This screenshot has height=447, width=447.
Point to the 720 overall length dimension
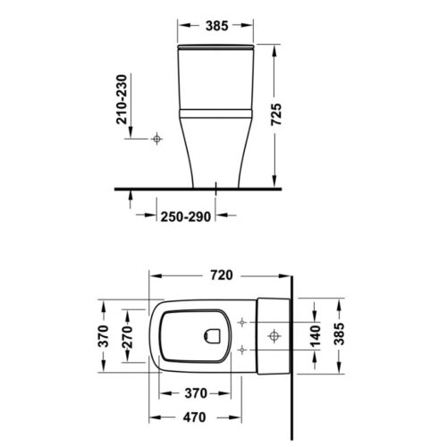pyautogui.click(x=222, y=274)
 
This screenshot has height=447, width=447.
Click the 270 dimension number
pyautogui.click(x=129, y=340)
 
